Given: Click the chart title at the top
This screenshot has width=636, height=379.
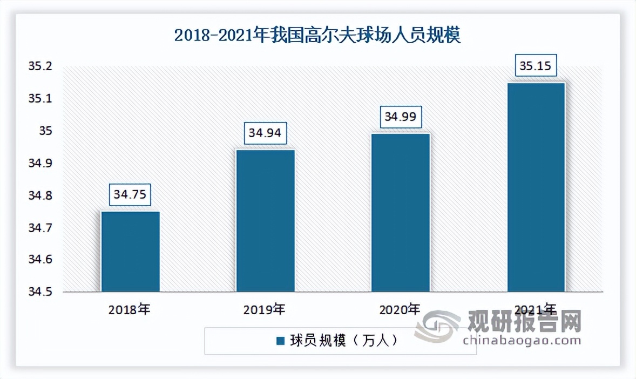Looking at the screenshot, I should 317,36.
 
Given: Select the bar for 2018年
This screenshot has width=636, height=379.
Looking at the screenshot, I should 130,252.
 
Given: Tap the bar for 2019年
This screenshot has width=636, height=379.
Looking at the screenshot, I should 266,221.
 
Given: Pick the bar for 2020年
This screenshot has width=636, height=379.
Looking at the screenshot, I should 401,213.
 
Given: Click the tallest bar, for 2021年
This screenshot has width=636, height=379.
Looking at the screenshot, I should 536,187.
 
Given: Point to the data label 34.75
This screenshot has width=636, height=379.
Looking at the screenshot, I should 130,194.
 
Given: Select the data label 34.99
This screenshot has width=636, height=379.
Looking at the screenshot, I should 401,117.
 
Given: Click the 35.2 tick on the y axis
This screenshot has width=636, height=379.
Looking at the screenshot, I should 42,67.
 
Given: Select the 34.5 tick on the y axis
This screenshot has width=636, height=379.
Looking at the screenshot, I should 42,292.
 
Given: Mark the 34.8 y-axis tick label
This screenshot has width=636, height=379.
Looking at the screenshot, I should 42,195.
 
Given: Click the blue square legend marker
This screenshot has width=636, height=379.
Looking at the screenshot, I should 280,341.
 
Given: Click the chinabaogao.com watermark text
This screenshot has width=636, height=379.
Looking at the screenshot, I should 522,340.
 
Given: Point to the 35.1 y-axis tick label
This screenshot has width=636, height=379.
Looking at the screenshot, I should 42,99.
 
